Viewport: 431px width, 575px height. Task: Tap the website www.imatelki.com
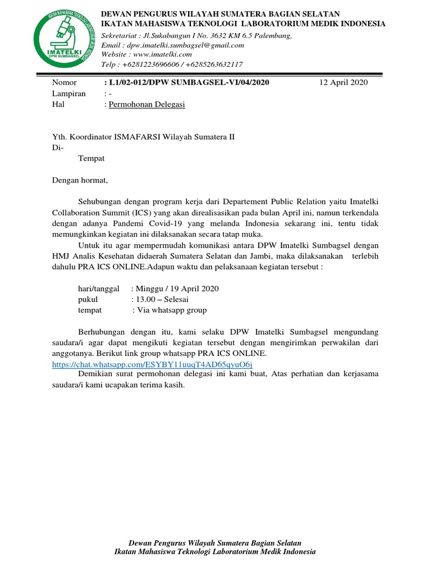(x=163, y=54)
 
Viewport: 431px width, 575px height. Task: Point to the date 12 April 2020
(x=343, y=83)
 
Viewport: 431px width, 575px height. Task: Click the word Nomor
(x=63, y=83)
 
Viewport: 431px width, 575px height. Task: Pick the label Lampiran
(x=68, y=94)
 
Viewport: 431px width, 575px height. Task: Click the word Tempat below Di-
(x=91, y=158)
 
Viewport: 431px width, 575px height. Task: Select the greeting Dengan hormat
(x=79, y=180)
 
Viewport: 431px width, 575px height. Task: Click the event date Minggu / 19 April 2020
(x=175, y=289)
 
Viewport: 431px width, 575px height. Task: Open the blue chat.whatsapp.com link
(x=152, y=364)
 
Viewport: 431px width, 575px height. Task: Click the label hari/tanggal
(x=98, y=289)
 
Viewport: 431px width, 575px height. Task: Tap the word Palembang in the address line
(x=273, y=35)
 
